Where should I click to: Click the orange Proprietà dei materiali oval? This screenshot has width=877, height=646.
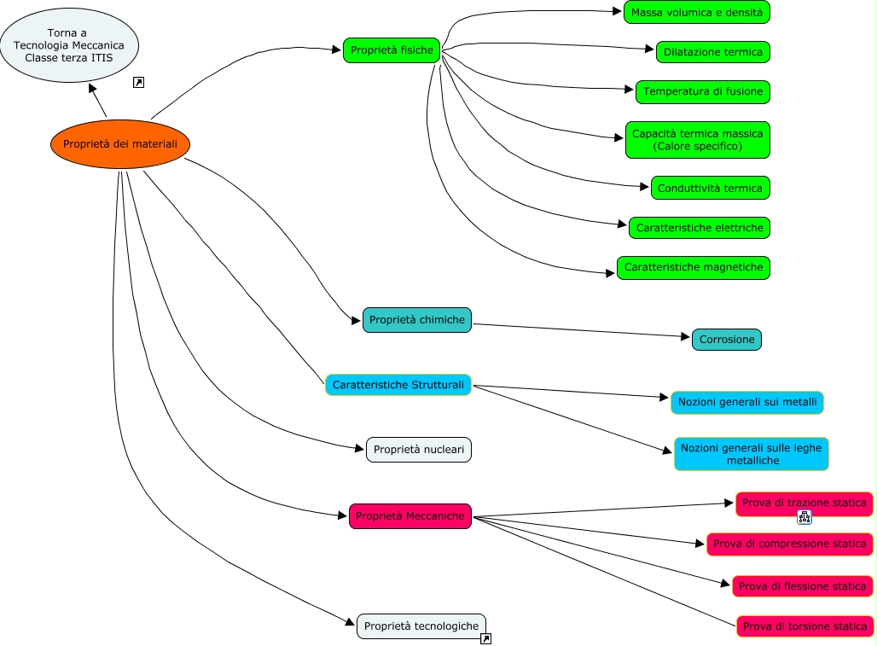pyautogui.click(x=120, y=144)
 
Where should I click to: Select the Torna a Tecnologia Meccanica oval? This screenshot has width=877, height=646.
pyautogui.click(x=69, y=45)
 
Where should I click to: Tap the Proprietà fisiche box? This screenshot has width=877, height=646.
pyautogui.click(x=392, y=50)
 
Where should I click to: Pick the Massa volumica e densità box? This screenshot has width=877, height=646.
pyautogui.click(x=697, y=12)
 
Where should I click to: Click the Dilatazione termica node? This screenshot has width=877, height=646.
pyautogui.click(x=712, y=52)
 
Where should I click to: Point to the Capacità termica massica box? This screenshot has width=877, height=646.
pyautogui.click(x=697, y=140)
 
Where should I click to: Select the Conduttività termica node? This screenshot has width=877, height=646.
pyautogui.click(x=711, y=188)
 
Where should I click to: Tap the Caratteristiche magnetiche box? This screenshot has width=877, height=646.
pyautogui.click(x=694, y=268)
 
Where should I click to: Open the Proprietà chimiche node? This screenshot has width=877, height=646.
pyautogui.click(x=417, y=320)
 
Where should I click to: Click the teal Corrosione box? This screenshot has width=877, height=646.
pyautogui.click(x=727, y=340)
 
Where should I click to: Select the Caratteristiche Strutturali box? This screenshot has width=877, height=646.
pyautogui.click(x=398, y=385)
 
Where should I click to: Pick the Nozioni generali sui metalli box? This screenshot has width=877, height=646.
pyautogui.click(x=747, y=402)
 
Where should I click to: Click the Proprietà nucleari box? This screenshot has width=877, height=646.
pyautogui.click(x=419, y=449)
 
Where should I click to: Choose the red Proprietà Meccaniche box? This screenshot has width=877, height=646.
pyautogui.click(x=409, y=515)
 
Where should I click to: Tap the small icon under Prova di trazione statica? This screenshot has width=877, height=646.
pyautogui.click(x=804, y=517)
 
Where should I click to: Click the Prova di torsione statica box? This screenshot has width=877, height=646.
pyautogui.click(x=804, y=626)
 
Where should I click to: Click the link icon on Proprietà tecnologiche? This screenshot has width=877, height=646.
pyautogui.click(x=486, y=638)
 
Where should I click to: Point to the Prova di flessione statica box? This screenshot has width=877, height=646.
pyautogui.click(x=802, y=586)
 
